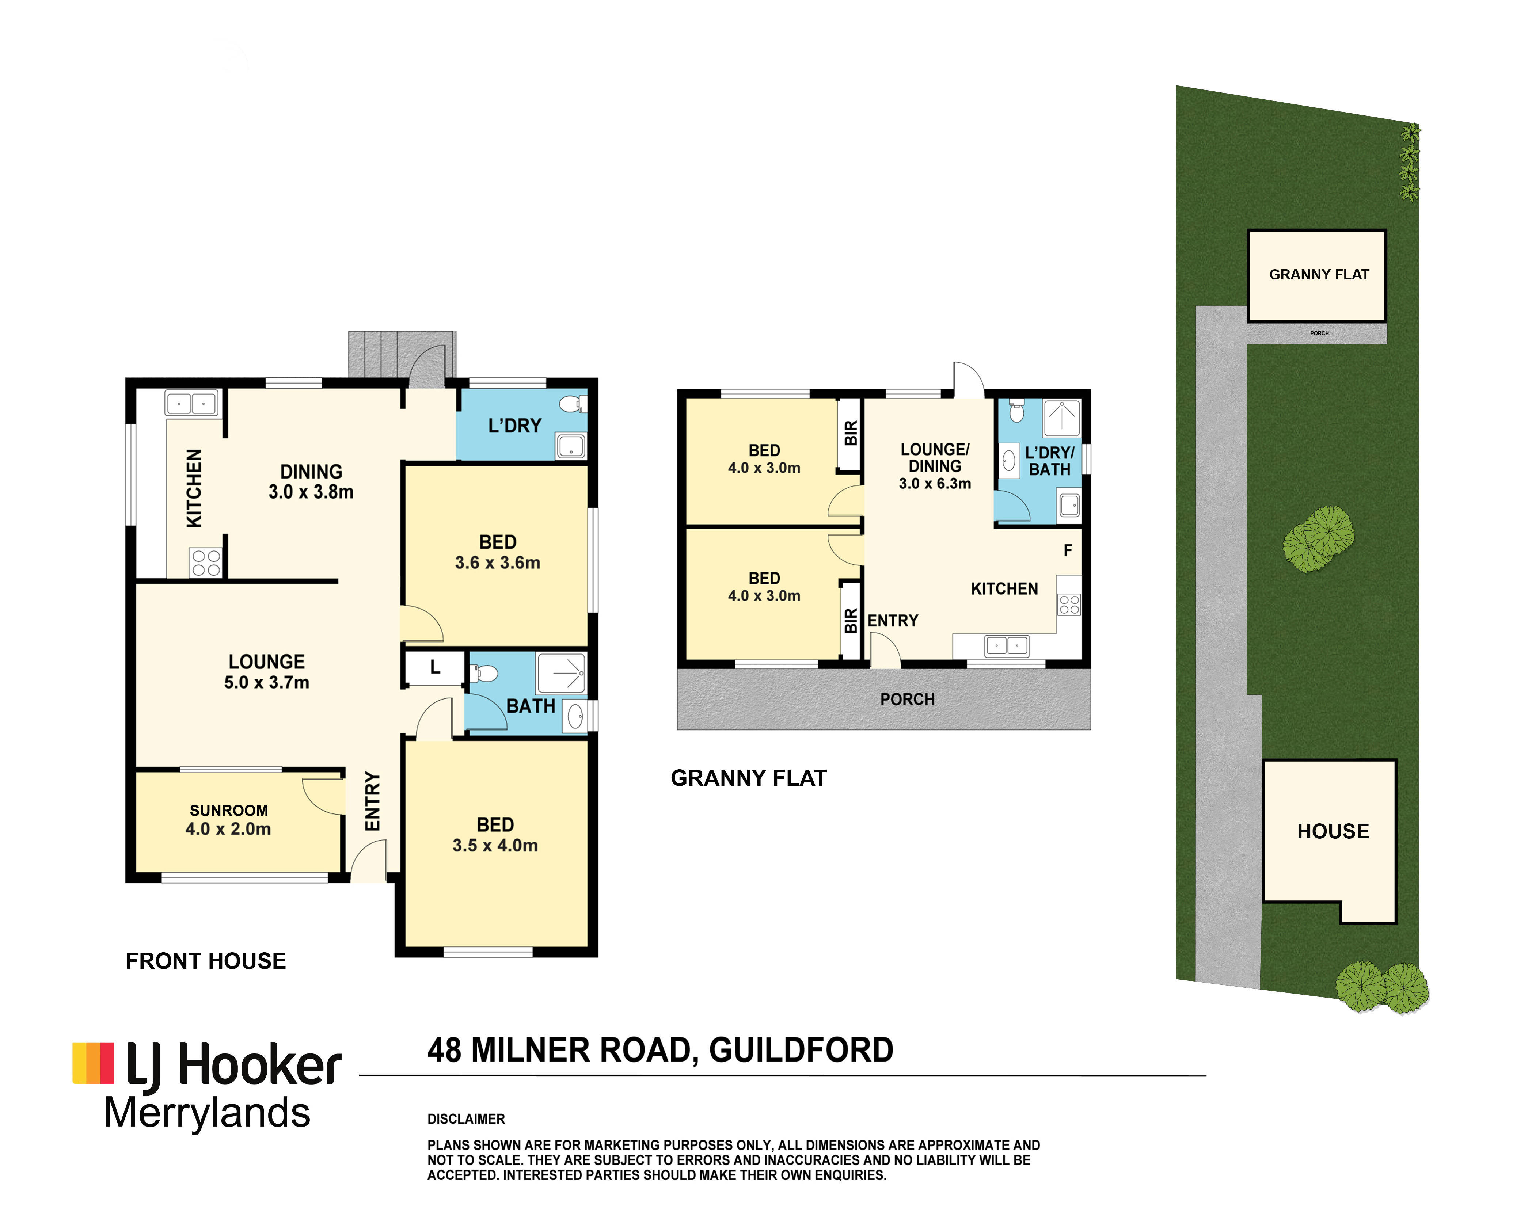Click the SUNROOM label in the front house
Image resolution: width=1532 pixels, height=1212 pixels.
[x=228, y=810]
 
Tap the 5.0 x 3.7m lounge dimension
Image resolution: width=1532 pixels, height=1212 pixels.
[x=267, y=683]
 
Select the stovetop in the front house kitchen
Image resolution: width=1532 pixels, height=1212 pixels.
[x=206, y=563]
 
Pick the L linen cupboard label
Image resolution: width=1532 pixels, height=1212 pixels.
[x=435, y=667]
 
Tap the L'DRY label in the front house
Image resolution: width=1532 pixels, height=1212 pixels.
[x=514, y=426]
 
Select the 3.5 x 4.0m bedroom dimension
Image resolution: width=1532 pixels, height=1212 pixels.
[x=495, y=845]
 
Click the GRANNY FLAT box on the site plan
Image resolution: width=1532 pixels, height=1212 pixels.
[x=1317, y=275]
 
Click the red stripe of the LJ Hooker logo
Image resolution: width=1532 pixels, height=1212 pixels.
[x=106, y=1063]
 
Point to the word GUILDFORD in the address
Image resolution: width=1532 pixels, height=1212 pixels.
[x=801, y=1050]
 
